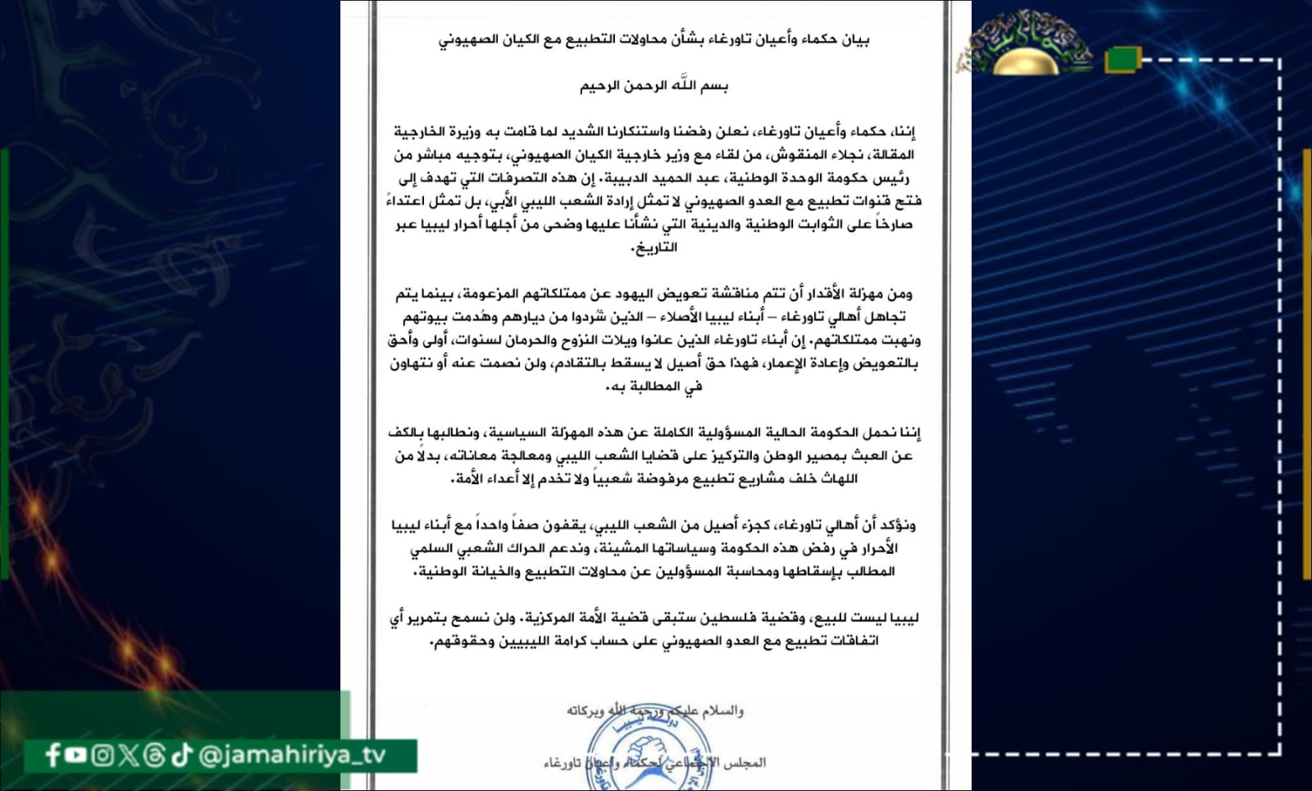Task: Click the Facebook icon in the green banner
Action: click(53, 755)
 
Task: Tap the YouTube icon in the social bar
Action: click(76, 754)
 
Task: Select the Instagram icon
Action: click(102, 755)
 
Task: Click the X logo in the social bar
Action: click(128, 755)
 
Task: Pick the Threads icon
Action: click(154, 755)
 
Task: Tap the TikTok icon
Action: click(181, 755)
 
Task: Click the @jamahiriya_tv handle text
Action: click(292, 755)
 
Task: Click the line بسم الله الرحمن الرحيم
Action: click(654, 85)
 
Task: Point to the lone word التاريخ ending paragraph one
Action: click(654, 247)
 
